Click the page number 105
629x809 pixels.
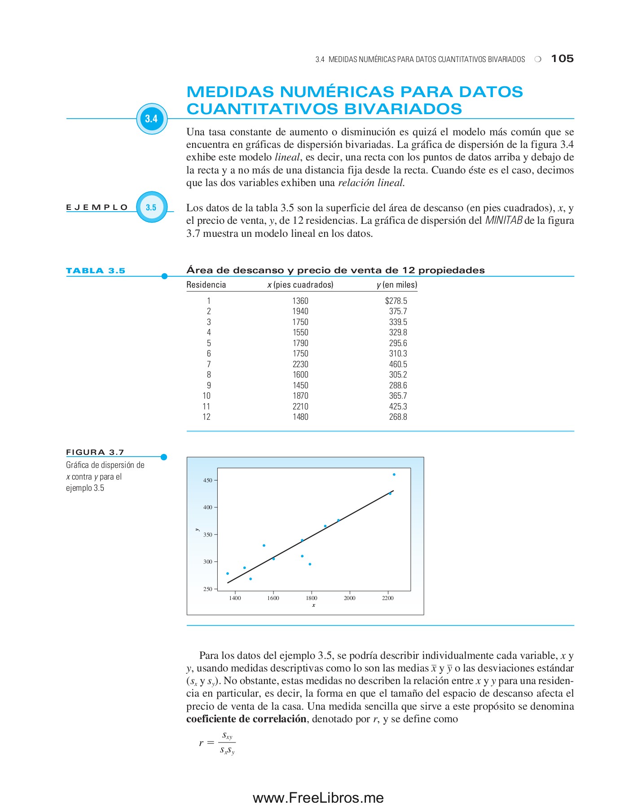click(x=562, y=58)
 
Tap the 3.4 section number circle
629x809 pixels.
click(x=152, y=119)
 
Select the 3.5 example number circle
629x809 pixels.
click(x=151, y=207)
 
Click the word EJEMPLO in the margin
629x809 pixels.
click(x=97, y=207)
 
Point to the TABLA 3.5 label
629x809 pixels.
click(x=96, y=271)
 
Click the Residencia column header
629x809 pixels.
click(x=206, y=284)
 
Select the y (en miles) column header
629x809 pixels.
click(x=397, y=284)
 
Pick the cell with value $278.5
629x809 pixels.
click(x=396, y=301)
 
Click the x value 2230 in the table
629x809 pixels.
click(x=300, y=364)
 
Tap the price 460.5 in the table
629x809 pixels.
click(x=398, y=364)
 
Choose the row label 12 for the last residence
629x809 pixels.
click(x=207, y=417)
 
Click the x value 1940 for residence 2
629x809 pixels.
click(x=300, y=311)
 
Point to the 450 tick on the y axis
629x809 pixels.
click(x=207, y=480)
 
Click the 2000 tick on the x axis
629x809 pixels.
click(x=349, y=598)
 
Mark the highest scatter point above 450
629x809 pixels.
click(x=394, y=474)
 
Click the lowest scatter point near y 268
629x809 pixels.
click(x=251, y=579)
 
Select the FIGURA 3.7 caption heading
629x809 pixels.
click(x=95, y=452)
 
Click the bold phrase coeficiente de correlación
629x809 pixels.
click(x=246, y=719)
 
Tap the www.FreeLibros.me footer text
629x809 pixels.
click(x=318, y=798)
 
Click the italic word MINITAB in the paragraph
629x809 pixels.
click(x=504, y=221)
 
